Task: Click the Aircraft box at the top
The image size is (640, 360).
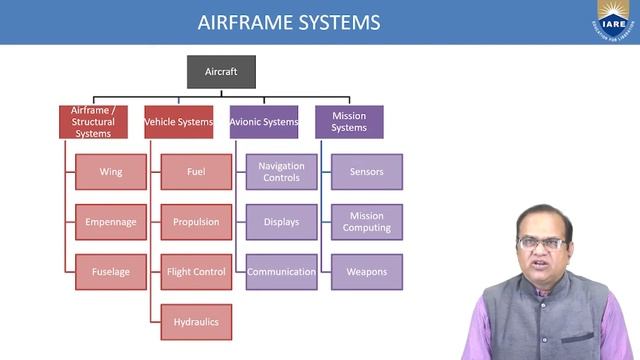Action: tap(221, 72)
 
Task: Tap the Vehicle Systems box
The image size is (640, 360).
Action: tap(179, 122)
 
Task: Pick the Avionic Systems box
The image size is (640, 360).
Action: tap(264, 122)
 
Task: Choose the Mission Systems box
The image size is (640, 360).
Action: tap(349, 122)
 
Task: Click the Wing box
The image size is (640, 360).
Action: tap(110, 172)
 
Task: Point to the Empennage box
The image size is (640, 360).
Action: tap(110, 222)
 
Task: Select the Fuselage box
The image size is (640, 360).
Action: tap(110, 272)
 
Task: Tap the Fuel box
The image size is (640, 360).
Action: tap(195, 172)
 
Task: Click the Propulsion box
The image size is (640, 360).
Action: tap(195, 222)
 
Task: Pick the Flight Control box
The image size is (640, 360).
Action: tap(195, 272)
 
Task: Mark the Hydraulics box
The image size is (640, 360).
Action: tap(195, 322)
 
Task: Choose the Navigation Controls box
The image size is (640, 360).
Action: tap(281, 172)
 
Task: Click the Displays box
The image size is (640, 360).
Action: tap(281, 222)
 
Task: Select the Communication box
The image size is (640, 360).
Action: tap(281, 272)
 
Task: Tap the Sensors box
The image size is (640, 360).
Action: tap(366, 172)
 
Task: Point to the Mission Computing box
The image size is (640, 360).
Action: tap(366, 222)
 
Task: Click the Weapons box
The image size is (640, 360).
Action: tap(366, 272)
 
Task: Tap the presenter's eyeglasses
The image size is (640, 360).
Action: tap(542, 242)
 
